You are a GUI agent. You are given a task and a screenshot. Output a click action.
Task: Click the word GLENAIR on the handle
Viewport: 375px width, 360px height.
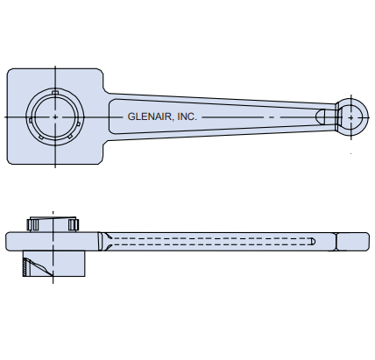pyautogui.click(x=150, y=116)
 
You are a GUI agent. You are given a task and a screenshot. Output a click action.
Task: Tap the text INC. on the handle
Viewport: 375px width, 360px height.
pyautogui.click(x=187, y=116)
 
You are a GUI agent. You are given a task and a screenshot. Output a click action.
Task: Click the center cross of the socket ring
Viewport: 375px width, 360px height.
pyautogui.click(x=55, y=116)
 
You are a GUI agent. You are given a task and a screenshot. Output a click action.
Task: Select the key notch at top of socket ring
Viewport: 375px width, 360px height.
pyautogui.click(x=55, y=91)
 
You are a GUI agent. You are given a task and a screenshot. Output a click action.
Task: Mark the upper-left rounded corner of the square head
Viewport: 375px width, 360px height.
pyautogui.click(x=12, y=74)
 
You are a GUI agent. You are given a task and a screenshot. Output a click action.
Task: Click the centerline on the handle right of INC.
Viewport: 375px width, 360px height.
pyautogui.click(x=254, y=116)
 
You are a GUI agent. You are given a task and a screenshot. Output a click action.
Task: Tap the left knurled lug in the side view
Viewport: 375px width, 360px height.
pyautogui.click(x=34, y=225)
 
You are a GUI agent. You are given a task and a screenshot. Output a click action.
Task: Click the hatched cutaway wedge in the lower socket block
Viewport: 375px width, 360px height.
pyautogui.click(x=37, y=265)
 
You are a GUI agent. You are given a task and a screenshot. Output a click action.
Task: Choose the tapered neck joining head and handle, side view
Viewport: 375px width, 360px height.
pyautogui.click(x=104, y=240)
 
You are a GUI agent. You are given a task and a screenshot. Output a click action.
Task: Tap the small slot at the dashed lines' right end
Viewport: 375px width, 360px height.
pyautogui.click(x=313, y=239)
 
